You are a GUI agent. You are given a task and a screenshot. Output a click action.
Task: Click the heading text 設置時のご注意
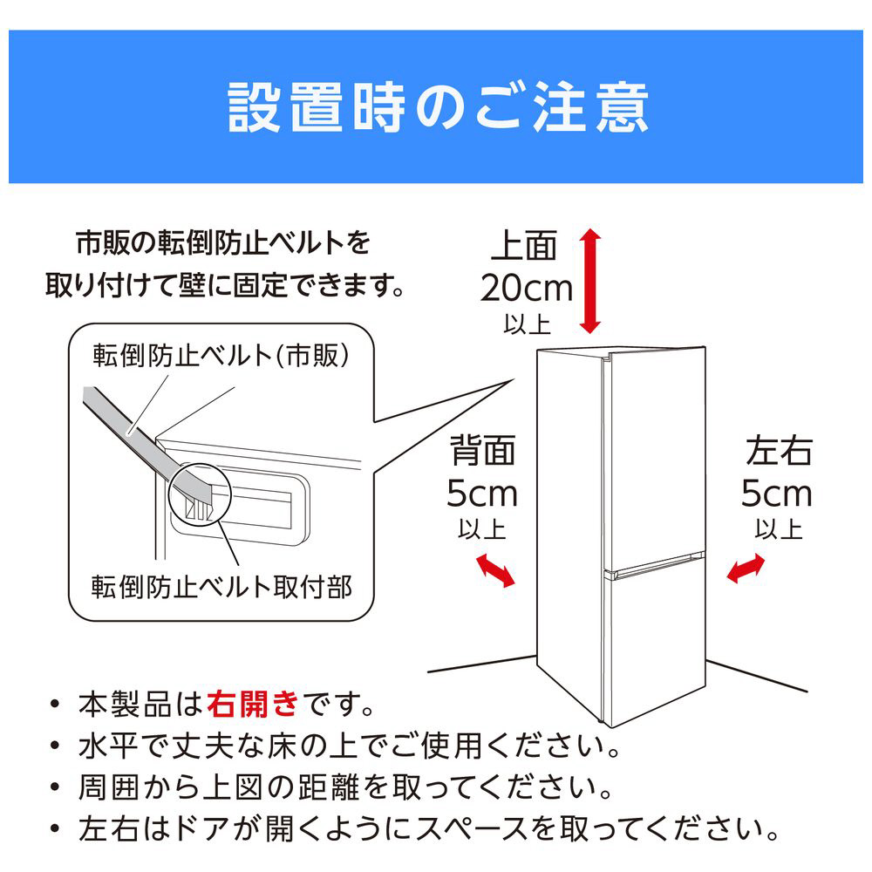point(438,107)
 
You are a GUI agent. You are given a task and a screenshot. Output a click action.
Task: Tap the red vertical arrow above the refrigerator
point(590,281)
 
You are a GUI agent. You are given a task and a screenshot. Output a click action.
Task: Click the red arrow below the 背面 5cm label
point(495,570)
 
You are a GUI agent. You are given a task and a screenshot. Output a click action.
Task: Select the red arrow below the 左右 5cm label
point(746,569)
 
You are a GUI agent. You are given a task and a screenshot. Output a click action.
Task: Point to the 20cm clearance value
point(526,288)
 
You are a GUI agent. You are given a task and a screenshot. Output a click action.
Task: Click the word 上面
point(524,246)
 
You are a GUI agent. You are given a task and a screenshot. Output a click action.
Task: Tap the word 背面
point(482,451)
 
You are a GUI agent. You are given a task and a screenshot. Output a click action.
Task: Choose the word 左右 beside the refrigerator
point(779,451)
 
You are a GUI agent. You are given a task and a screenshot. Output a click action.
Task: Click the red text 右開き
point(253,704)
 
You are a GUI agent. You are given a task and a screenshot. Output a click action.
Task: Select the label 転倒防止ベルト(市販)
point(221,356)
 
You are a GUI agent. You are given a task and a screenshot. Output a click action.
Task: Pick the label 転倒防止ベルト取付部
point(221,587)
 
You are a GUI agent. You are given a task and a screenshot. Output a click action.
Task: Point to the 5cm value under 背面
point(482,494)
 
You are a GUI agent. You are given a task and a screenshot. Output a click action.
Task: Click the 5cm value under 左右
point(777,494)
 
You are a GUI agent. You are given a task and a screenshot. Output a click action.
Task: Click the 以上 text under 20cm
point(528,324)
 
